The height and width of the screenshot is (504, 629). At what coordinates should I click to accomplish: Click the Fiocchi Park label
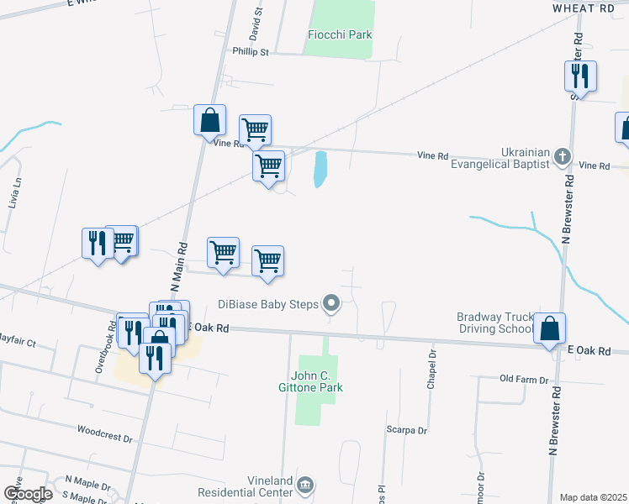click(x=339, y=34)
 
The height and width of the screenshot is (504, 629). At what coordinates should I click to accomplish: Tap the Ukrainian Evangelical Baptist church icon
click(x=563, y=155)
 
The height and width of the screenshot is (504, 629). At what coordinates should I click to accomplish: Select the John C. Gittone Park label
click(x=316, y=381)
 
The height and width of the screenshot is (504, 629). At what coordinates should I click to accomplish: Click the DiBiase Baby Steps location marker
click(x=332, y=303)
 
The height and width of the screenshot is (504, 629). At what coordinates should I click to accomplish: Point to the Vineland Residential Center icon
click(x=306, y=485)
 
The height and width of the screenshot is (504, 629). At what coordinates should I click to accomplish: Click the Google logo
click(x=27, y=494)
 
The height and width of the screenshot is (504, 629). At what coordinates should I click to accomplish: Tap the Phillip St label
click(x=251, y=51)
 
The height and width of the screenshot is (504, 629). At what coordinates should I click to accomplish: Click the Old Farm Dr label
click(x=523, y=379)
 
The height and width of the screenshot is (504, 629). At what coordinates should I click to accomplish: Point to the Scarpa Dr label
click(x=407, y=430)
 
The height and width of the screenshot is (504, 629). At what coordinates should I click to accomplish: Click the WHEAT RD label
click(x=584, y=8)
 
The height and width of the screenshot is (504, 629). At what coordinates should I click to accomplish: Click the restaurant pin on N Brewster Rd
click(x=580, y=76)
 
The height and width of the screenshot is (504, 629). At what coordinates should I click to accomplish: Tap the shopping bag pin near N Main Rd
click(x=209, y=120)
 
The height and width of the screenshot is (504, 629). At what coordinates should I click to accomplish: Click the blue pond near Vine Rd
click(x=320, y=169)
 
